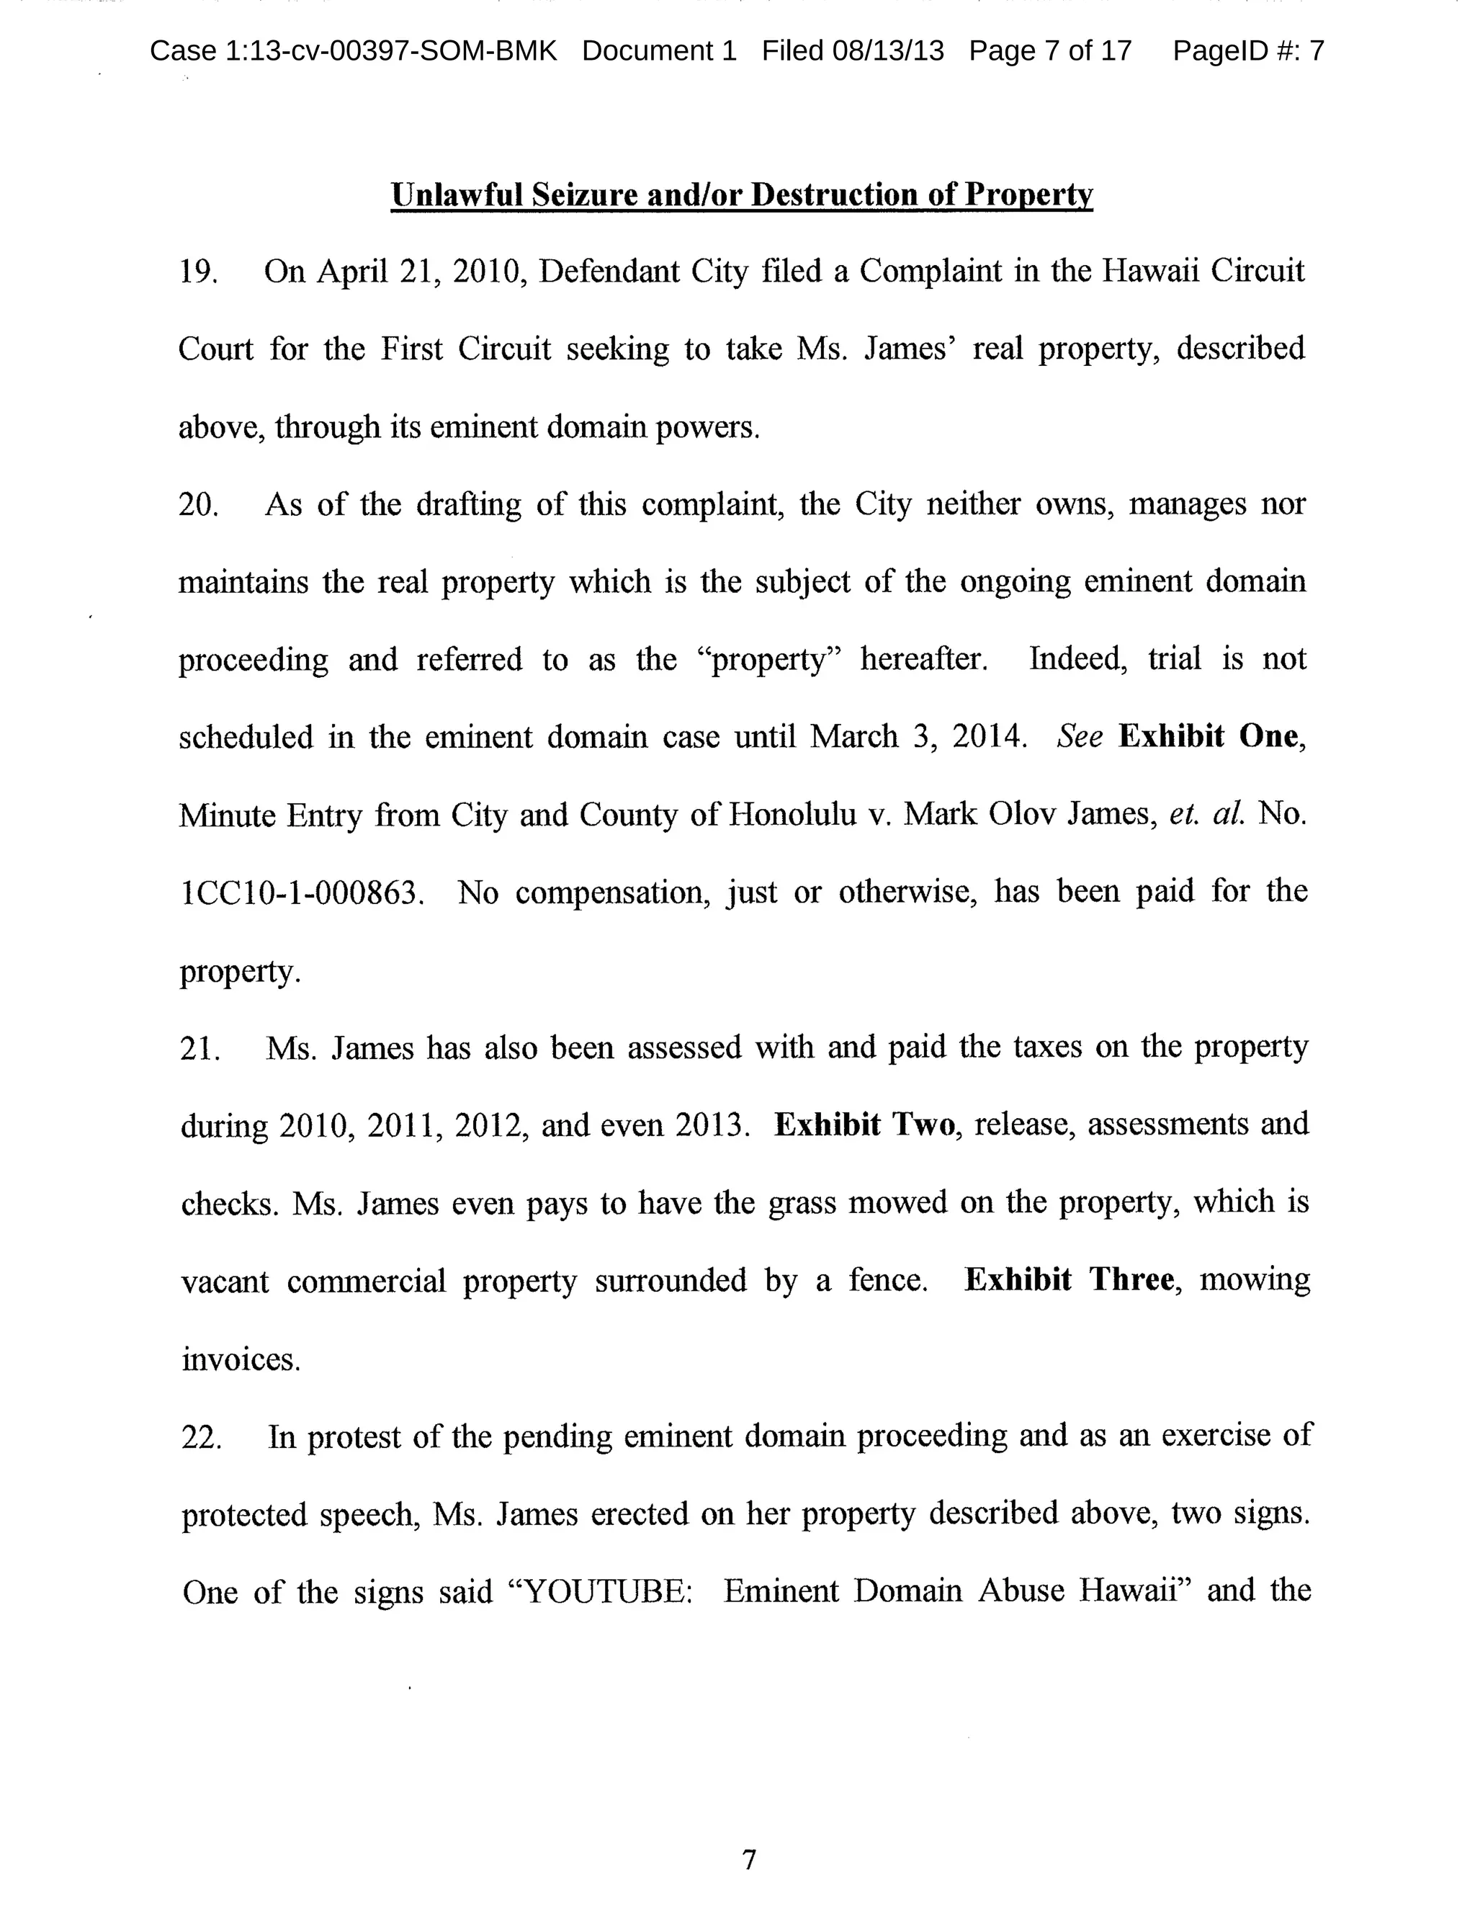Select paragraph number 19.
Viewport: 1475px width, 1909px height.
click(197, 272)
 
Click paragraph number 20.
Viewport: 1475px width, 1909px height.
click(197, 505)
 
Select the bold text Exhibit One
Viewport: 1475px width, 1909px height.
click(1208, 737)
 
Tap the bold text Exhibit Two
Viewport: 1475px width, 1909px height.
click(864, 1125)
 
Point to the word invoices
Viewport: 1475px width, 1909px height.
click(241, 1359)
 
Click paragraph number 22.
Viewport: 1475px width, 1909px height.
click(200, 1437)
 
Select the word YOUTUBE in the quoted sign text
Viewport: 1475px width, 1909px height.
click(604, 1592)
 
